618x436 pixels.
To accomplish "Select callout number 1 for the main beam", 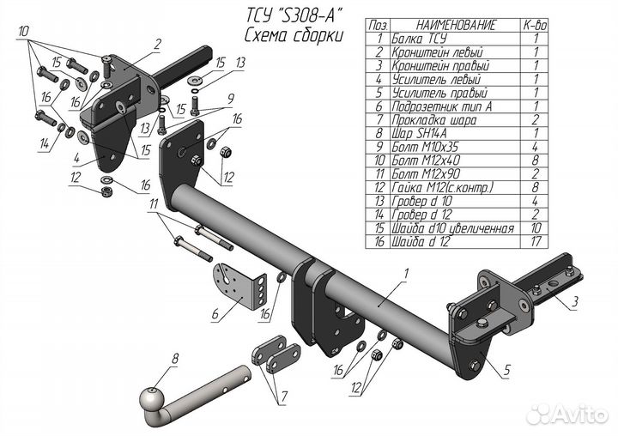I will (402, 274).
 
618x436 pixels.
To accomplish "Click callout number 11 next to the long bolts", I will (154, 203).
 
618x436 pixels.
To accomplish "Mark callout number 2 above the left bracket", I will (158, 42).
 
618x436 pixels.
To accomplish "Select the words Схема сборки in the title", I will (293, 35).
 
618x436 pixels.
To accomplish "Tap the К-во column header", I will (536, 27).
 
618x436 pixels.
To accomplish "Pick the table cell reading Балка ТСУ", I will (419, 39).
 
